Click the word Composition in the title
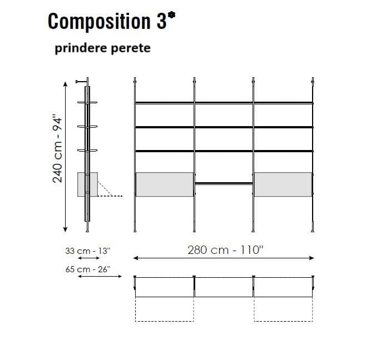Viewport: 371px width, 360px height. [99, 21]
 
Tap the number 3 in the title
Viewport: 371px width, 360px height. [161, 21]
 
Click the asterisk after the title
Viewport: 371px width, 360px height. [171, 16]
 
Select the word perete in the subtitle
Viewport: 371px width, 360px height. [131, 48]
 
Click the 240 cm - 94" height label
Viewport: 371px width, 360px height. [57, 149]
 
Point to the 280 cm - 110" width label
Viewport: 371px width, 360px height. [225, 250]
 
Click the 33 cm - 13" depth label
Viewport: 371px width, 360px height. [88, 251]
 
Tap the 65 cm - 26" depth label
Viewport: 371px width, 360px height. [88, 269]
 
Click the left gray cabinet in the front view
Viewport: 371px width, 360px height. [165, 184]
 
